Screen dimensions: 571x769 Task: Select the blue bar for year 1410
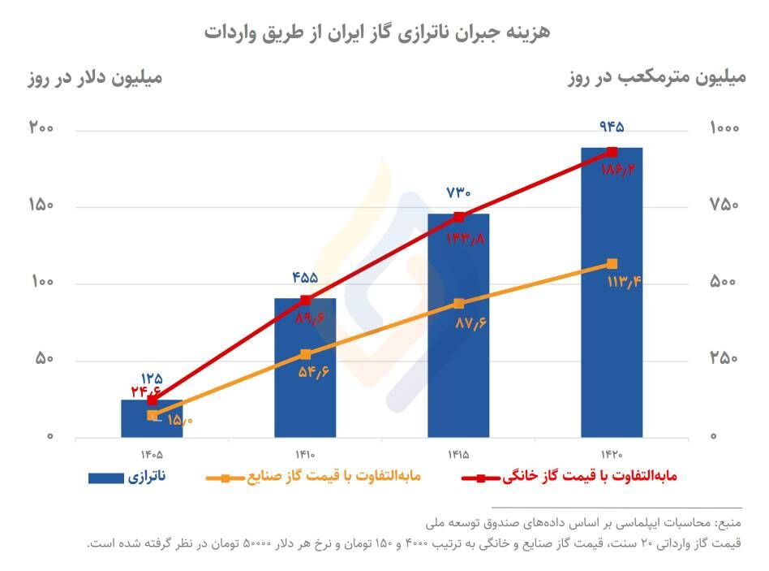point(305,382)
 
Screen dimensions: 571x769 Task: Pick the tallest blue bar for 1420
point(612,309)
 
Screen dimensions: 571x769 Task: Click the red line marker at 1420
point(612,152)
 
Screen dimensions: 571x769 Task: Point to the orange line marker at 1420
point(612,263)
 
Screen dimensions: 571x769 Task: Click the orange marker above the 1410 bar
point(305,354)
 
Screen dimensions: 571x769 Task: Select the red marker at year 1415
point(459,217)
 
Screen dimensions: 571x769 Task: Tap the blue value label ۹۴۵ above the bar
point(612,128)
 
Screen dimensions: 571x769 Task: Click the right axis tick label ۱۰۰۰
point(723,129)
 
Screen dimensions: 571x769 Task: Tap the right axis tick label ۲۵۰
point(723,360)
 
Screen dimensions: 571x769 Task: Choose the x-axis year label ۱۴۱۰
point(305,456)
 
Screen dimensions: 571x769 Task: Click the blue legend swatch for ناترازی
point(105,478)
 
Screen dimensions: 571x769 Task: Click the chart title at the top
point(377,32)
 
